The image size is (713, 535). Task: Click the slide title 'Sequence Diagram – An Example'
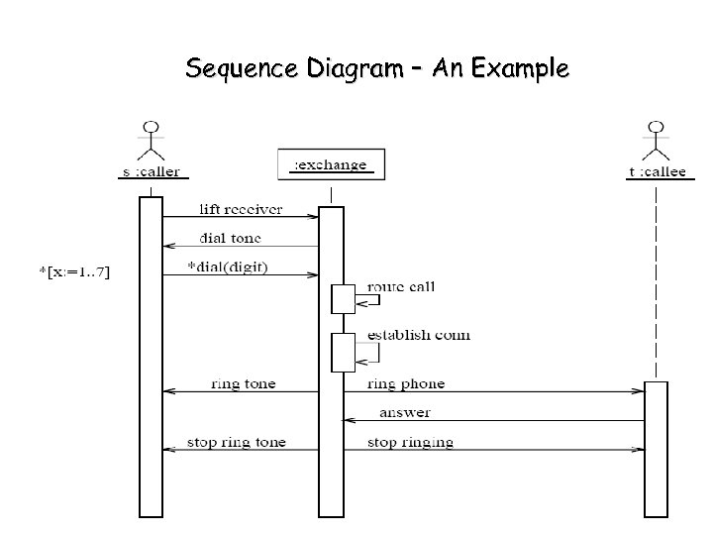pyautogui.click(x=376, y=69)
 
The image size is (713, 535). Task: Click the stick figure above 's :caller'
pyautogui.click(x=152, y=141)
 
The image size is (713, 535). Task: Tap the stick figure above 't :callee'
pyautogui.click(x=656, y=141)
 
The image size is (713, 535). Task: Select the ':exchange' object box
pyautogui.click(x=331, y=165)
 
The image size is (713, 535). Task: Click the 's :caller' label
pyautogui.click(x=151, y=171)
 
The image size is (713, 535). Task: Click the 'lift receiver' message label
pyautogui.click(x=241, y=209)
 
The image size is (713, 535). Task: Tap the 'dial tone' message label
pyautogui.click(x=231, y=238)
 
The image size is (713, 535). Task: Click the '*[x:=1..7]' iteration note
pyautogui.click(x=70, y=272)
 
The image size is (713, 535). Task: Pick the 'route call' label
pyautogui.click(x=401, y=287)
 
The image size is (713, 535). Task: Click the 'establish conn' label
pyautogui.click(x=419, y=335)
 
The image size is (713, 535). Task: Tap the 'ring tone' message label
pyautogui.click(x=244, y=383)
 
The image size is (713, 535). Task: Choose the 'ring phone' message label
pyautogui.click(x=406, y=383)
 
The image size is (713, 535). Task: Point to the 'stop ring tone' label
pyautogui.click(x=237, y=442)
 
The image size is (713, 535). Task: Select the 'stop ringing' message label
pyautogui.click(x=410, y=442)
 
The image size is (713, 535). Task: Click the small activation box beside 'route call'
pyautogui.click(x=343, y=299)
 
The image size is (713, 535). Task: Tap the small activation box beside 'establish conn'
pyautogui.click(x=343, y=352)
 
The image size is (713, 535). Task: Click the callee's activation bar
pyautogui.click(x=656, y=448)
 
